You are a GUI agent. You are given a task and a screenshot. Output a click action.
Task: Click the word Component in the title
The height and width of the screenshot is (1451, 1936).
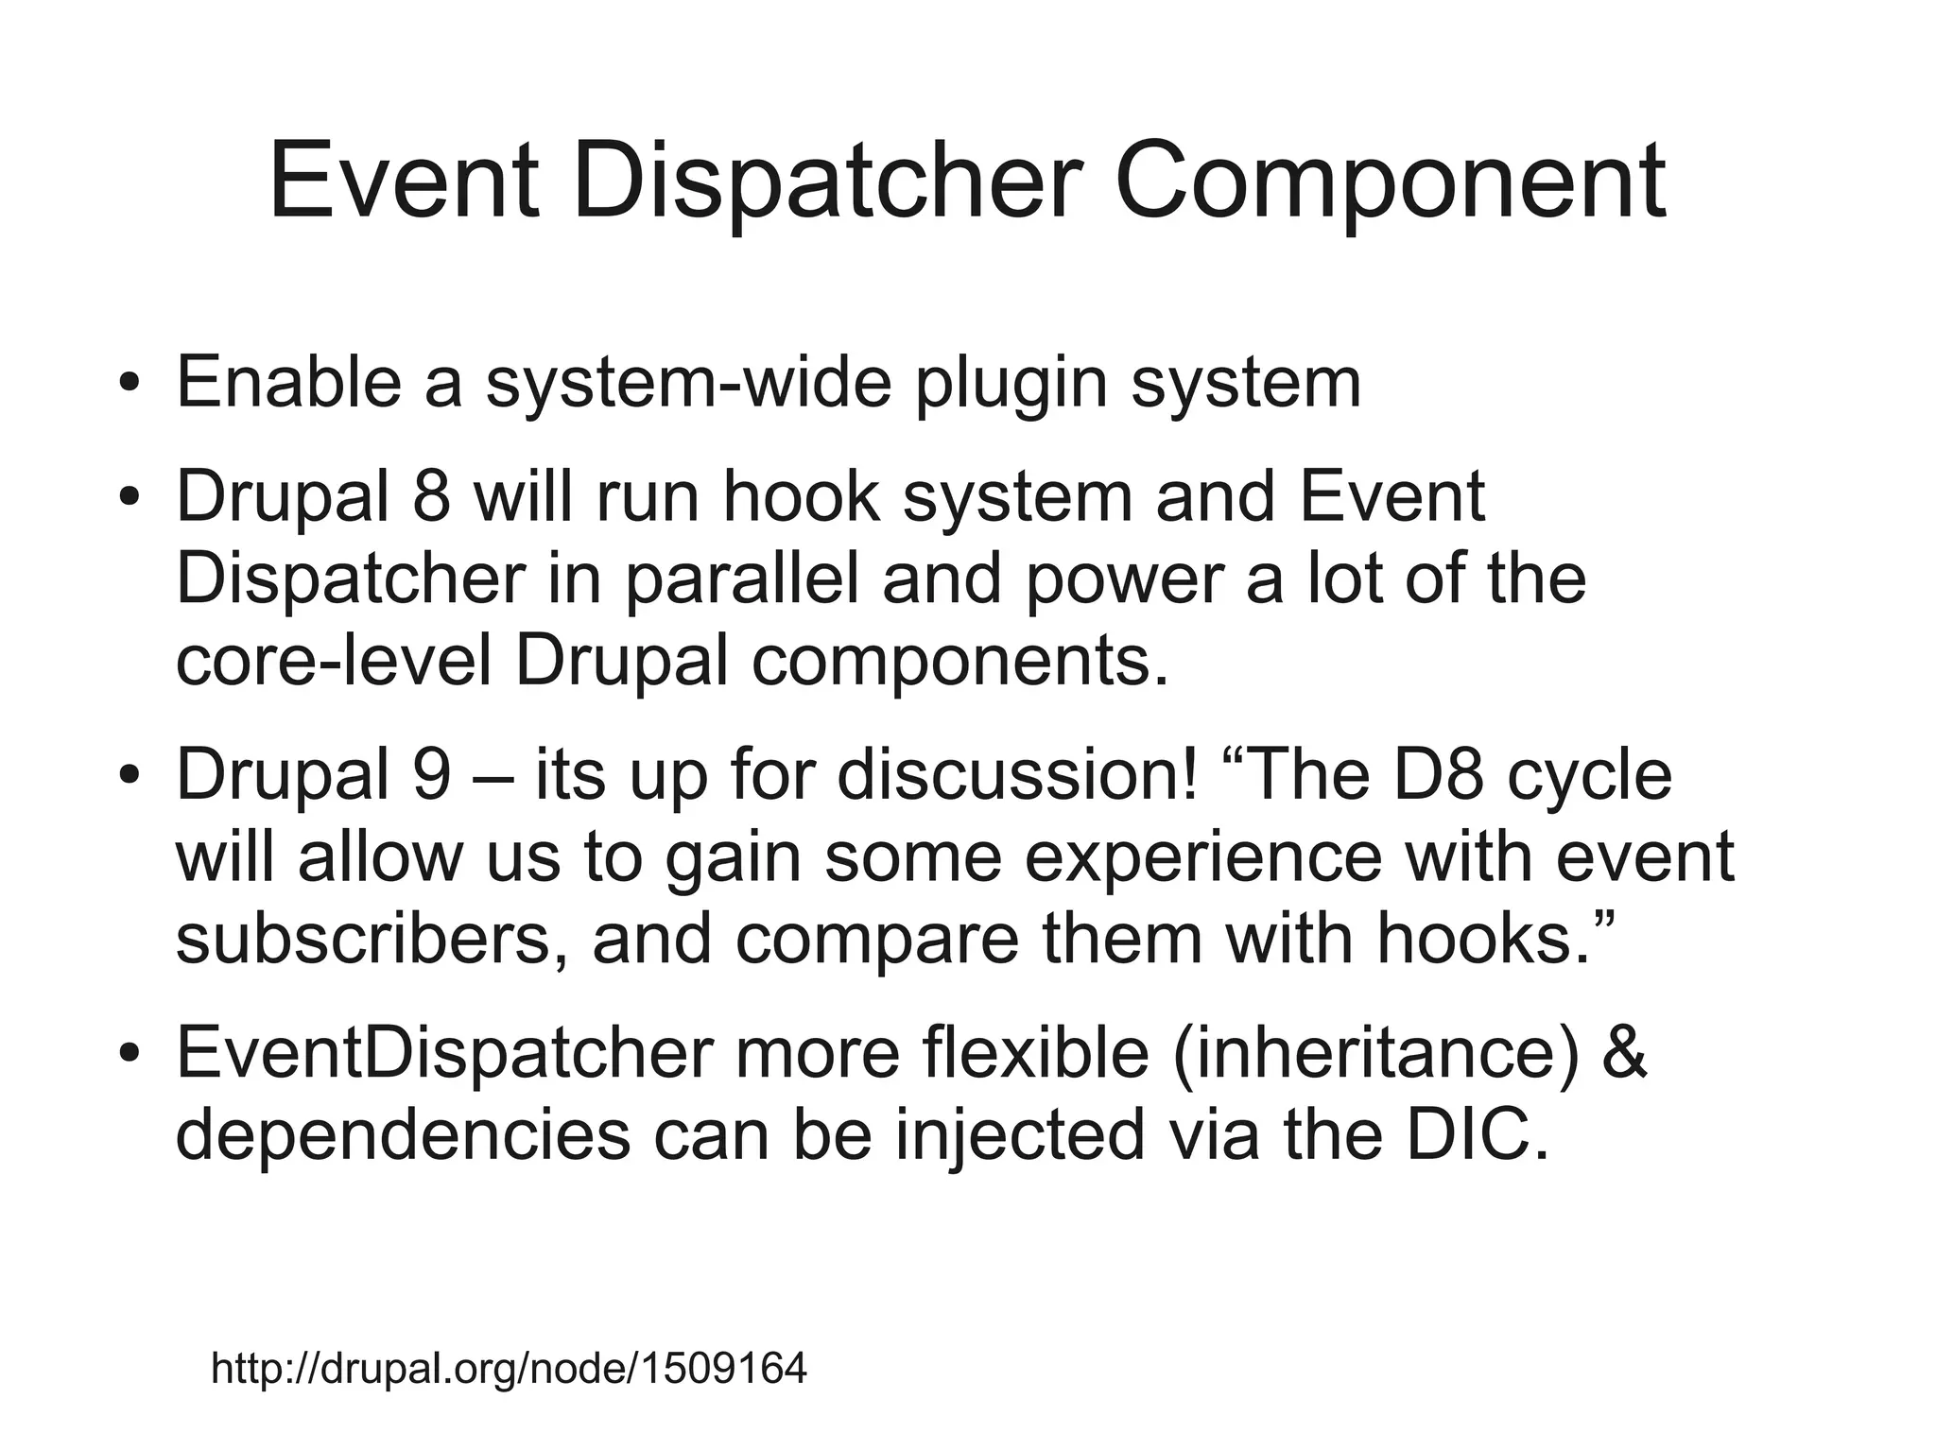pos(1390,181)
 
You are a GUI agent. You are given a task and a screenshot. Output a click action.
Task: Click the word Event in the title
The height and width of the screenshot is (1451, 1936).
pos(404,181)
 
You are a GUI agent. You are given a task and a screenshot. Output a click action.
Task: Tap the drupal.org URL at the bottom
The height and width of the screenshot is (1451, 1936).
pos(509,1368)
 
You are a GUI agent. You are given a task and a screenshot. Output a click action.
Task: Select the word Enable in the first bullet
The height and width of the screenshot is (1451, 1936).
pos(288,382)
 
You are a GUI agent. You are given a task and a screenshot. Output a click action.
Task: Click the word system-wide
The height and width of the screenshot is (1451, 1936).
pos(689,382)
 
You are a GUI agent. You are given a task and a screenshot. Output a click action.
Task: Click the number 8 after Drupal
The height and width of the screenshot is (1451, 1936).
pos(431,495)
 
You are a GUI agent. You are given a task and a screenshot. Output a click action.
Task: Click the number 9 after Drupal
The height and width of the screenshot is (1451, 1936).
pos(431,773)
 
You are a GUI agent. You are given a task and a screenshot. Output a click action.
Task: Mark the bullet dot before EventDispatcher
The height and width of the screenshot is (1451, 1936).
pos(130,1053)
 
